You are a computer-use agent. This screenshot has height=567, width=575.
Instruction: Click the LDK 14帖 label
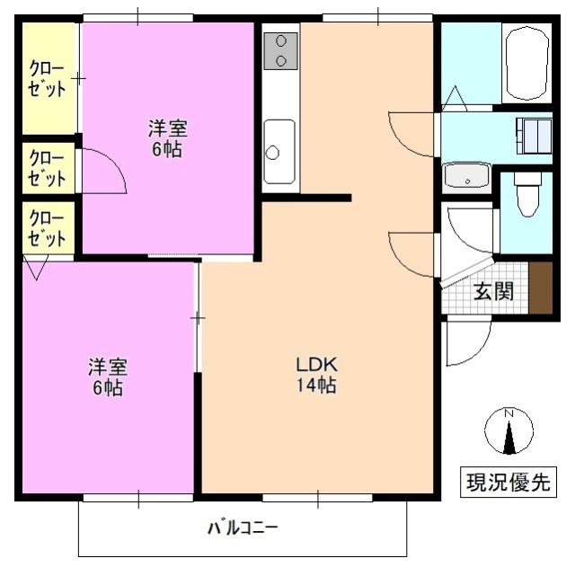[x=317, y=377]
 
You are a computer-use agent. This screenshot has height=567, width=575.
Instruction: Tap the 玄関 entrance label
[x=493, y=292]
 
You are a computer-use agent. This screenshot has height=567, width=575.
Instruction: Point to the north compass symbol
[x=509, y=432]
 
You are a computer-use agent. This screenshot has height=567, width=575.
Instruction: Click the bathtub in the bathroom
[x=526, y=63]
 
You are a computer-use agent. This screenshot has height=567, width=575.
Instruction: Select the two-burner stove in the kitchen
[x=280, y=50]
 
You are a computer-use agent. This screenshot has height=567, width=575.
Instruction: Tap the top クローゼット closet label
[x=48, y=78]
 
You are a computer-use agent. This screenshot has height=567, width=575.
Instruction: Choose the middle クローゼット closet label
[x=48, y=168]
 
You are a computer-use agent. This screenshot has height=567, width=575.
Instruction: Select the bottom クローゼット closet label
[x=48, y=228]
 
